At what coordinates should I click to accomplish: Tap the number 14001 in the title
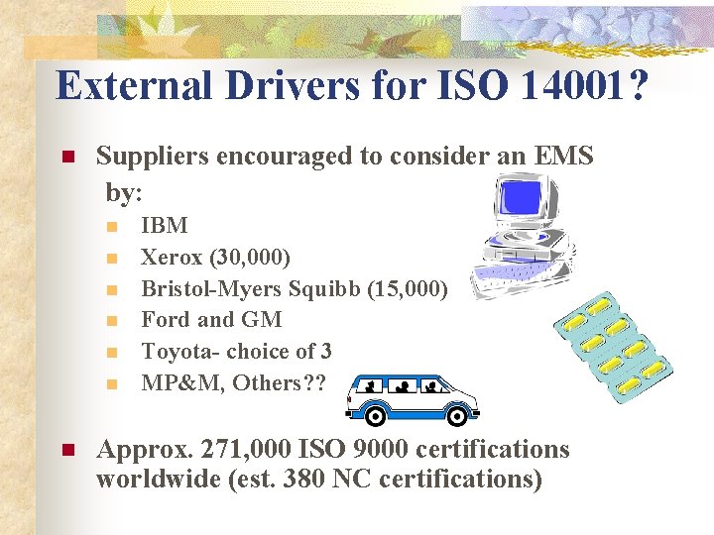pos(568,85)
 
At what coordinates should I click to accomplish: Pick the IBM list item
pos(165,225)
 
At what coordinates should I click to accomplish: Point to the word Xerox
pos(171,257)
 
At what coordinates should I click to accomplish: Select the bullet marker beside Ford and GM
pos(112,320)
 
